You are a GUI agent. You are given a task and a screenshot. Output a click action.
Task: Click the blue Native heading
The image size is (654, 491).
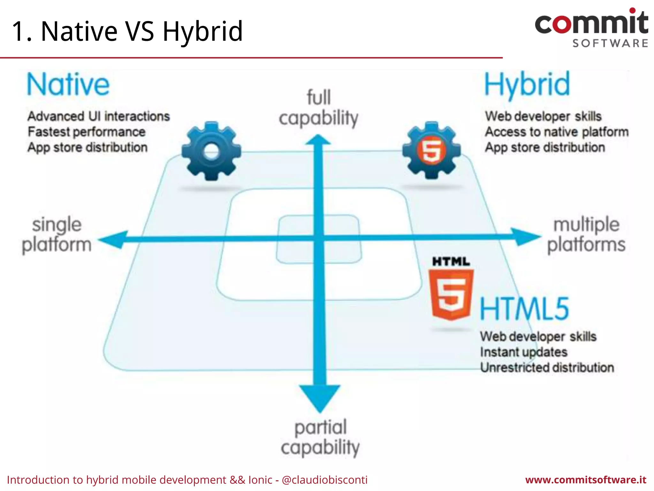pos(68,84)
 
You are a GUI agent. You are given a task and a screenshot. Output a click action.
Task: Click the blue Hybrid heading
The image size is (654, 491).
pos(527,84)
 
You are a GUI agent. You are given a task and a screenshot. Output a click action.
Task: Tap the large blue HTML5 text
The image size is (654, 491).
pos(524,308)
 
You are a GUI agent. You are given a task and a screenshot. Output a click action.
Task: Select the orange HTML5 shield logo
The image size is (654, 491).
pos(451,294)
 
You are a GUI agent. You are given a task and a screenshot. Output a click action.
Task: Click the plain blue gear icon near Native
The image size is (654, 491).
pos(211,151)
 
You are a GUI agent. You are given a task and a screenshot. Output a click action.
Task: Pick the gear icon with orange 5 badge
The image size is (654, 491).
pos(431,150)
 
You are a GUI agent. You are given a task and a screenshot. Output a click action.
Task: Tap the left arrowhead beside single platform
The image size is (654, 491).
pos(113,239)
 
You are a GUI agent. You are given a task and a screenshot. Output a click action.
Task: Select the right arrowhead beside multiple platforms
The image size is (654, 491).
pos(525,237)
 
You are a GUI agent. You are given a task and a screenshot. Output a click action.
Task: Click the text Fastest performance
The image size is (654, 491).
pos(87,132)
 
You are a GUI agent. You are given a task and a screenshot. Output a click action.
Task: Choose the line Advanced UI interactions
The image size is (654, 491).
pos(99,116)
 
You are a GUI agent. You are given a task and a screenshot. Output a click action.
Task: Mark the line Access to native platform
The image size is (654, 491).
pos(557,132)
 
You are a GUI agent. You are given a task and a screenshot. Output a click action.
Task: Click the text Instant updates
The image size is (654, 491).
pos(524,352)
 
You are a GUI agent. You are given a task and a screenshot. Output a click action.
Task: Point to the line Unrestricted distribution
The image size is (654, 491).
pos(547,368)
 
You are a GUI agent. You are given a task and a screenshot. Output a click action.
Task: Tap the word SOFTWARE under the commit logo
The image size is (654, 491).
pos(610,43)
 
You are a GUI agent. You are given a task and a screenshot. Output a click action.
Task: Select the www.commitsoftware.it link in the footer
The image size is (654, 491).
pos(586,480)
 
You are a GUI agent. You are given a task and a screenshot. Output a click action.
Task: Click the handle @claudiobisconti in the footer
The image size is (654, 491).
pos(325,480)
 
